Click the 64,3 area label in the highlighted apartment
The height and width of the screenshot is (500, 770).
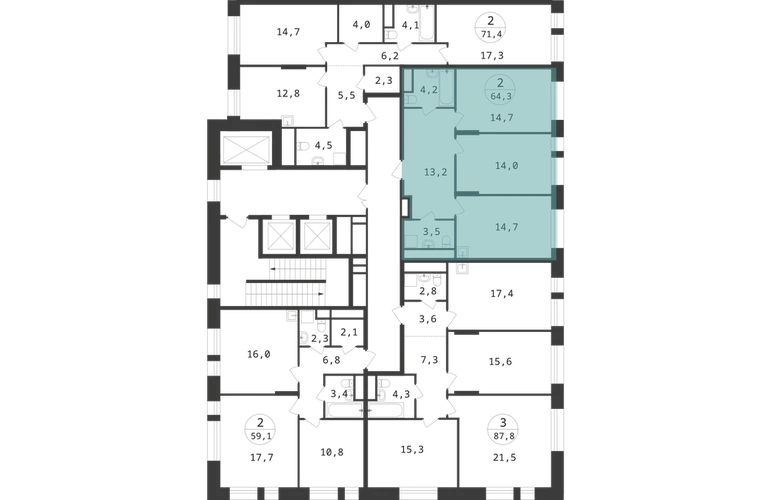pyautogui.click(x=501, y=96)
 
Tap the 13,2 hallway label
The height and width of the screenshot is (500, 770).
pyautogui.click(x=436, y=172)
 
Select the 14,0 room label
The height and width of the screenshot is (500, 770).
pyautogui.click(x=506, y=166)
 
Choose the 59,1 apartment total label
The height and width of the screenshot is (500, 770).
pyautogui.click(x=261, y=435)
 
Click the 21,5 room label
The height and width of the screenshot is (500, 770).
pyautogui.click(x=504, y=458)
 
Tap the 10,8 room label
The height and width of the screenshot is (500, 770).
pyautogui.click(x=332, y=452)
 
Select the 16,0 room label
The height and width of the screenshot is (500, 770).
pyautogui.click(x=259, y=354)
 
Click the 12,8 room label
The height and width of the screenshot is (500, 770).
pyautogui.click(x=288, y=93)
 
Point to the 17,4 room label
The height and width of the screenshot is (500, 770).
pyautogui.click(x=502, y=294)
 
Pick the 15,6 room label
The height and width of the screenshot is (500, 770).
pyautogui.click(x=500, y=362)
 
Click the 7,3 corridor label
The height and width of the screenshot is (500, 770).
pyautogui.click(x=429, y=361)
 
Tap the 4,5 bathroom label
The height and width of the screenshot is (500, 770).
pyautogui.click(x=324, y=145)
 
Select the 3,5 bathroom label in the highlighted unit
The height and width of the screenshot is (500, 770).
pyautogui.click(x=432, y=232)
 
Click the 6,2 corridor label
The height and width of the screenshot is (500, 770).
pyautogui.click(x=390, y=56)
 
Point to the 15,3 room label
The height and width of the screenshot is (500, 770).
pyautogui.click(x=412, y=450)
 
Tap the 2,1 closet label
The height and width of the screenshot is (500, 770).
pyautogui.click(x=349, y=333)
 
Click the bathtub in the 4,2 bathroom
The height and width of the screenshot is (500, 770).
pyautogui.click(x=446, y=88)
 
